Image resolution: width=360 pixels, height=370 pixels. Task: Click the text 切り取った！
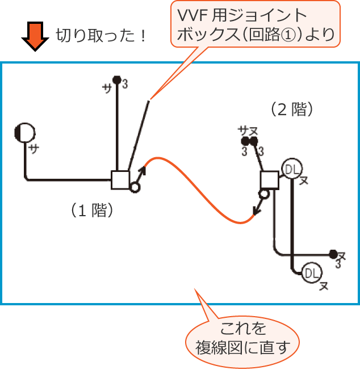(x=101, y=36)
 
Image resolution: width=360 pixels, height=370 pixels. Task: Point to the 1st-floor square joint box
(x=120, y=179)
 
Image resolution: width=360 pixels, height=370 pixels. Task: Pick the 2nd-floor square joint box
(x=269, y=181)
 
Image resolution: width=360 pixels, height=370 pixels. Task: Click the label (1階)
(x=94, y=211)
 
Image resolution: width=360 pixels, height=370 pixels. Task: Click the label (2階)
(x=291, y=110)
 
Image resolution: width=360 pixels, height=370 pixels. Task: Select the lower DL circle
(x=311, y=273)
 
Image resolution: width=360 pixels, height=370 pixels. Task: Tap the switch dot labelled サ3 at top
(x=117, y=79)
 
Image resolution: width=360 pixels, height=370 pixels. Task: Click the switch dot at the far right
(x=334, y=254)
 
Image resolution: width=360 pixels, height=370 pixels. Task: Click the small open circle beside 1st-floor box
(x=135, y=188)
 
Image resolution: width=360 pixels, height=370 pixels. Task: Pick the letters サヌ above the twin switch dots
(x=249, y=130)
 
